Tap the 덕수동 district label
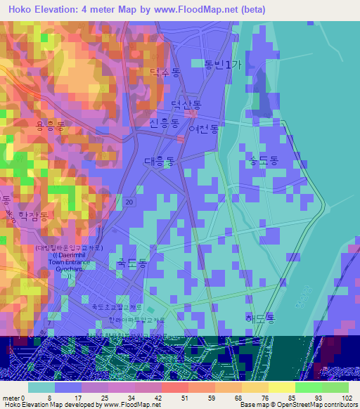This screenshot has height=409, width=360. coord(165,72)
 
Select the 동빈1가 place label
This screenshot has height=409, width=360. coord(222,63)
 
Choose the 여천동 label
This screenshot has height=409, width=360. coord(204,129)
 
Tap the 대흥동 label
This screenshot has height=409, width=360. coord(160,161)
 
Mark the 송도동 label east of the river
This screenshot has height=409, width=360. coord(260,161)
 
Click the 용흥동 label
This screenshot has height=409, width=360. coord(50,126)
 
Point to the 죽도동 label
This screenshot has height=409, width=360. coord(131,263)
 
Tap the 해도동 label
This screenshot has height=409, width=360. coord(260,318)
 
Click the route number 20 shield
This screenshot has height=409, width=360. coord(129,202)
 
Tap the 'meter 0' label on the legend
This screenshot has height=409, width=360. coord(14,397)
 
